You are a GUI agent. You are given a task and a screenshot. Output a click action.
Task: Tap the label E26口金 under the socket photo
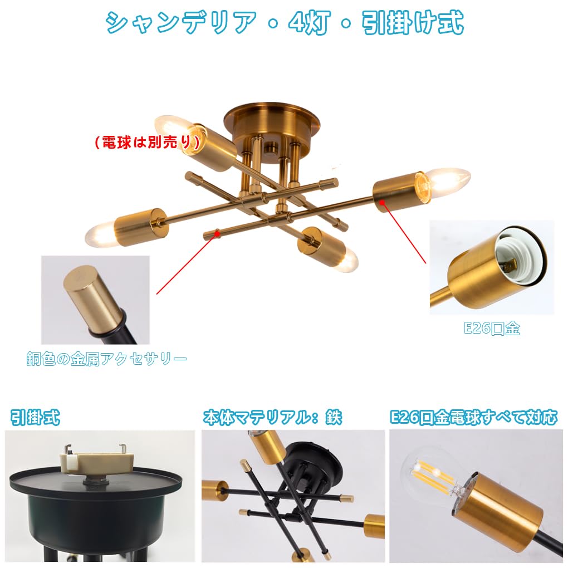point(492,328)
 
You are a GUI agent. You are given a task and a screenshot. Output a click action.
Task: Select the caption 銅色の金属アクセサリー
point(106,359)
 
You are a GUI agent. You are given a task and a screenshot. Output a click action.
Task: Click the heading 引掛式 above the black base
point(35,417)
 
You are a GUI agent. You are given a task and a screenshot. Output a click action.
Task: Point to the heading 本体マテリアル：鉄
point(272,417)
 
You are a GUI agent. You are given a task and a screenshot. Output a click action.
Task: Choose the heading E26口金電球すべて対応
point(473,417)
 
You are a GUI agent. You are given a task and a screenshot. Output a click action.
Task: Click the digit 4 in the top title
point(296,23)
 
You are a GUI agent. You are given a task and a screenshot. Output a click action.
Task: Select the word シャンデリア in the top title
point(181,23)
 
